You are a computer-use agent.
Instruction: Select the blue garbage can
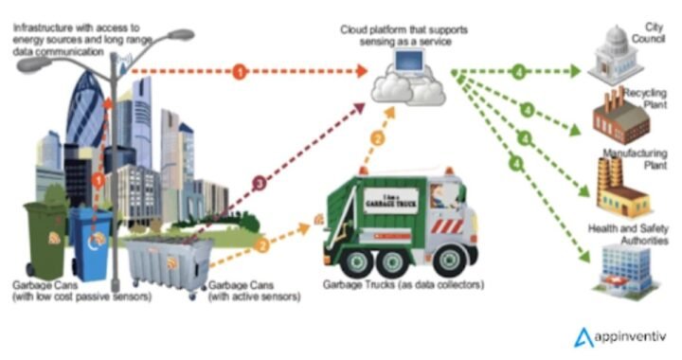pos(92,243)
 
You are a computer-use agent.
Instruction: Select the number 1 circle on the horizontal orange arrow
pos(242,72)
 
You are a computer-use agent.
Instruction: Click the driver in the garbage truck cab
pos(438,199)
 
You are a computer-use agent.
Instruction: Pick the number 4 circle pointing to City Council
pos(517,71)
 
